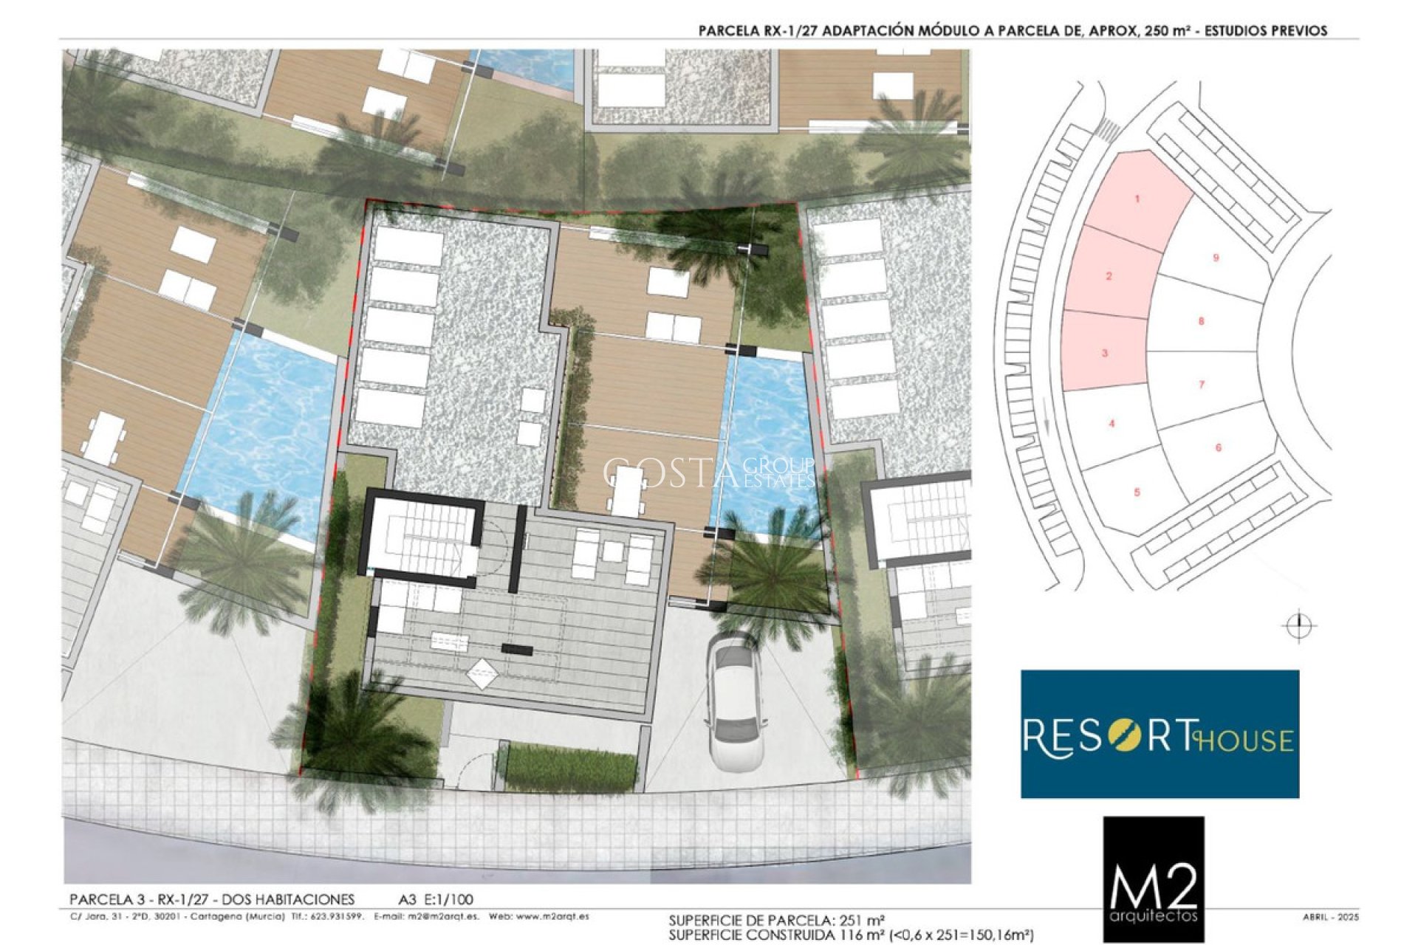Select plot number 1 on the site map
[1137, 199]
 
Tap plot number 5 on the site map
[1137, 492]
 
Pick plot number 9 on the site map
[1216, 258]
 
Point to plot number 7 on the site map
[1202, 385]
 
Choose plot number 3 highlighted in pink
[1105, 353]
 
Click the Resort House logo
[1160, 734]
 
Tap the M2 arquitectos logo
[1154, 879]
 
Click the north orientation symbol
[1299, 627]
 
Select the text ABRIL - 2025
[1331, 917]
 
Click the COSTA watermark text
[668, 473]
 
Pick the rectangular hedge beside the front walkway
[571, 766]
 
